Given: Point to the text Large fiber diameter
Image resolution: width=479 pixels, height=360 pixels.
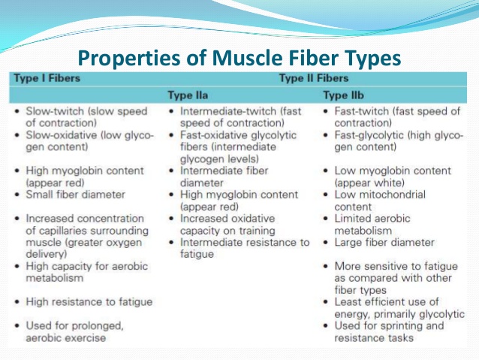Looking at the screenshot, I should pos(385,242).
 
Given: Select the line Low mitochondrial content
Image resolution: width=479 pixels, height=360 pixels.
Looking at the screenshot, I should pos(381,200).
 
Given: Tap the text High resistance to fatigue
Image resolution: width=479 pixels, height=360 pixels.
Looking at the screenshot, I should pos(89,301).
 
